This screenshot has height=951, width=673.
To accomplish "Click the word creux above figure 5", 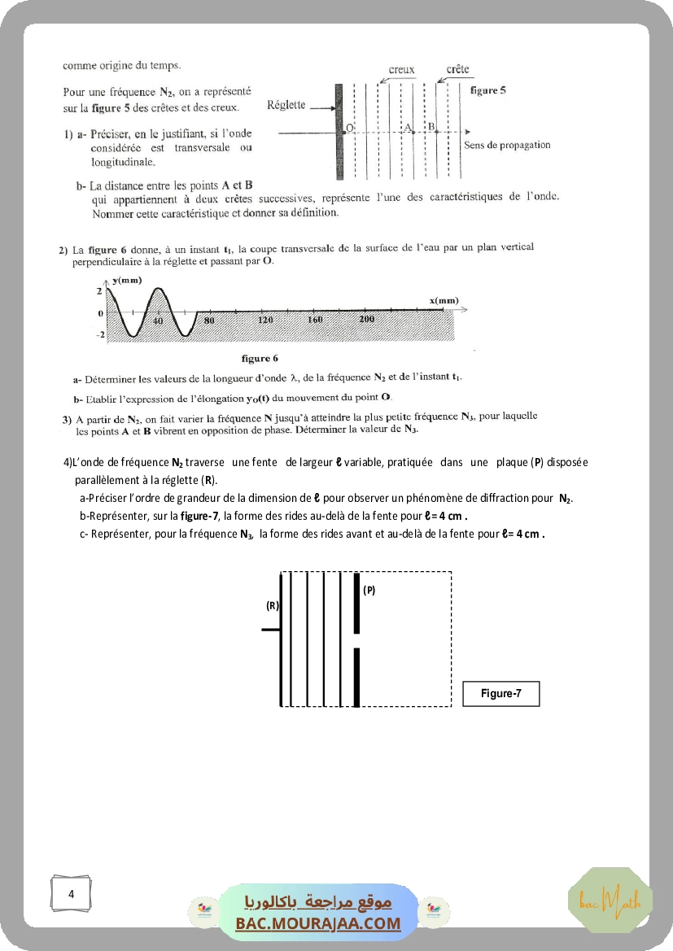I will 401,70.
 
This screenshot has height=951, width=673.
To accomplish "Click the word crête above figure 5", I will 457,69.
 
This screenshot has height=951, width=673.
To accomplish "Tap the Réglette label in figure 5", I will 286,105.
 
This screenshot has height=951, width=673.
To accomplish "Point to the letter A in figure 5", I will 408,126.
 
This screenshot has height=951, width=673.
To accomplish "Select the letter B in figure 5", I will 431,126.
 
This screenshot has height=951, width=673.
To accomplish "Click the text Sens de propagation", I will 506,145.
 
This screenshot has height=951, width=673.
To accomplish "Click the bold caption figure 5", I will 488,90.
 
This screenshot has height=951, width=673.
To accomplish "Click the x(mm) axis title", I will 444,301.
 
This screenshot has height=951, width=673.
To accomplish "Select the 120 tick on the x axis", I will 265,320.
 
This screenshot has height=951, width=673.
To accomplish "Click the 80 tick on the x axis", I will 209,320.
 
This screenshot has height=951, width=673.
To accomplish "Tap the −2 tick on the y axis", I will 101,334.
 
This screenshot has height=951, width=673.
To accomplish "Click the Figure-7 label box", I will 500,694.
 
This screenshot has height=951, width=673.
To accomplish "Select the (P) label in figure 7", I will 369,591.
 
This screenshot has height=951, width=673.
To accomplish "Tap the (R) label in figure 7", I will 273,605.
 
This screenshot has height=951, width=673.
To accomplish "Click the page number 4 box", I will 72,894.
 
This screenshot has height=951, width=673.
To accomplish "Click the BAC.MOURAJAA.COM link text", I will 318,923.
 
